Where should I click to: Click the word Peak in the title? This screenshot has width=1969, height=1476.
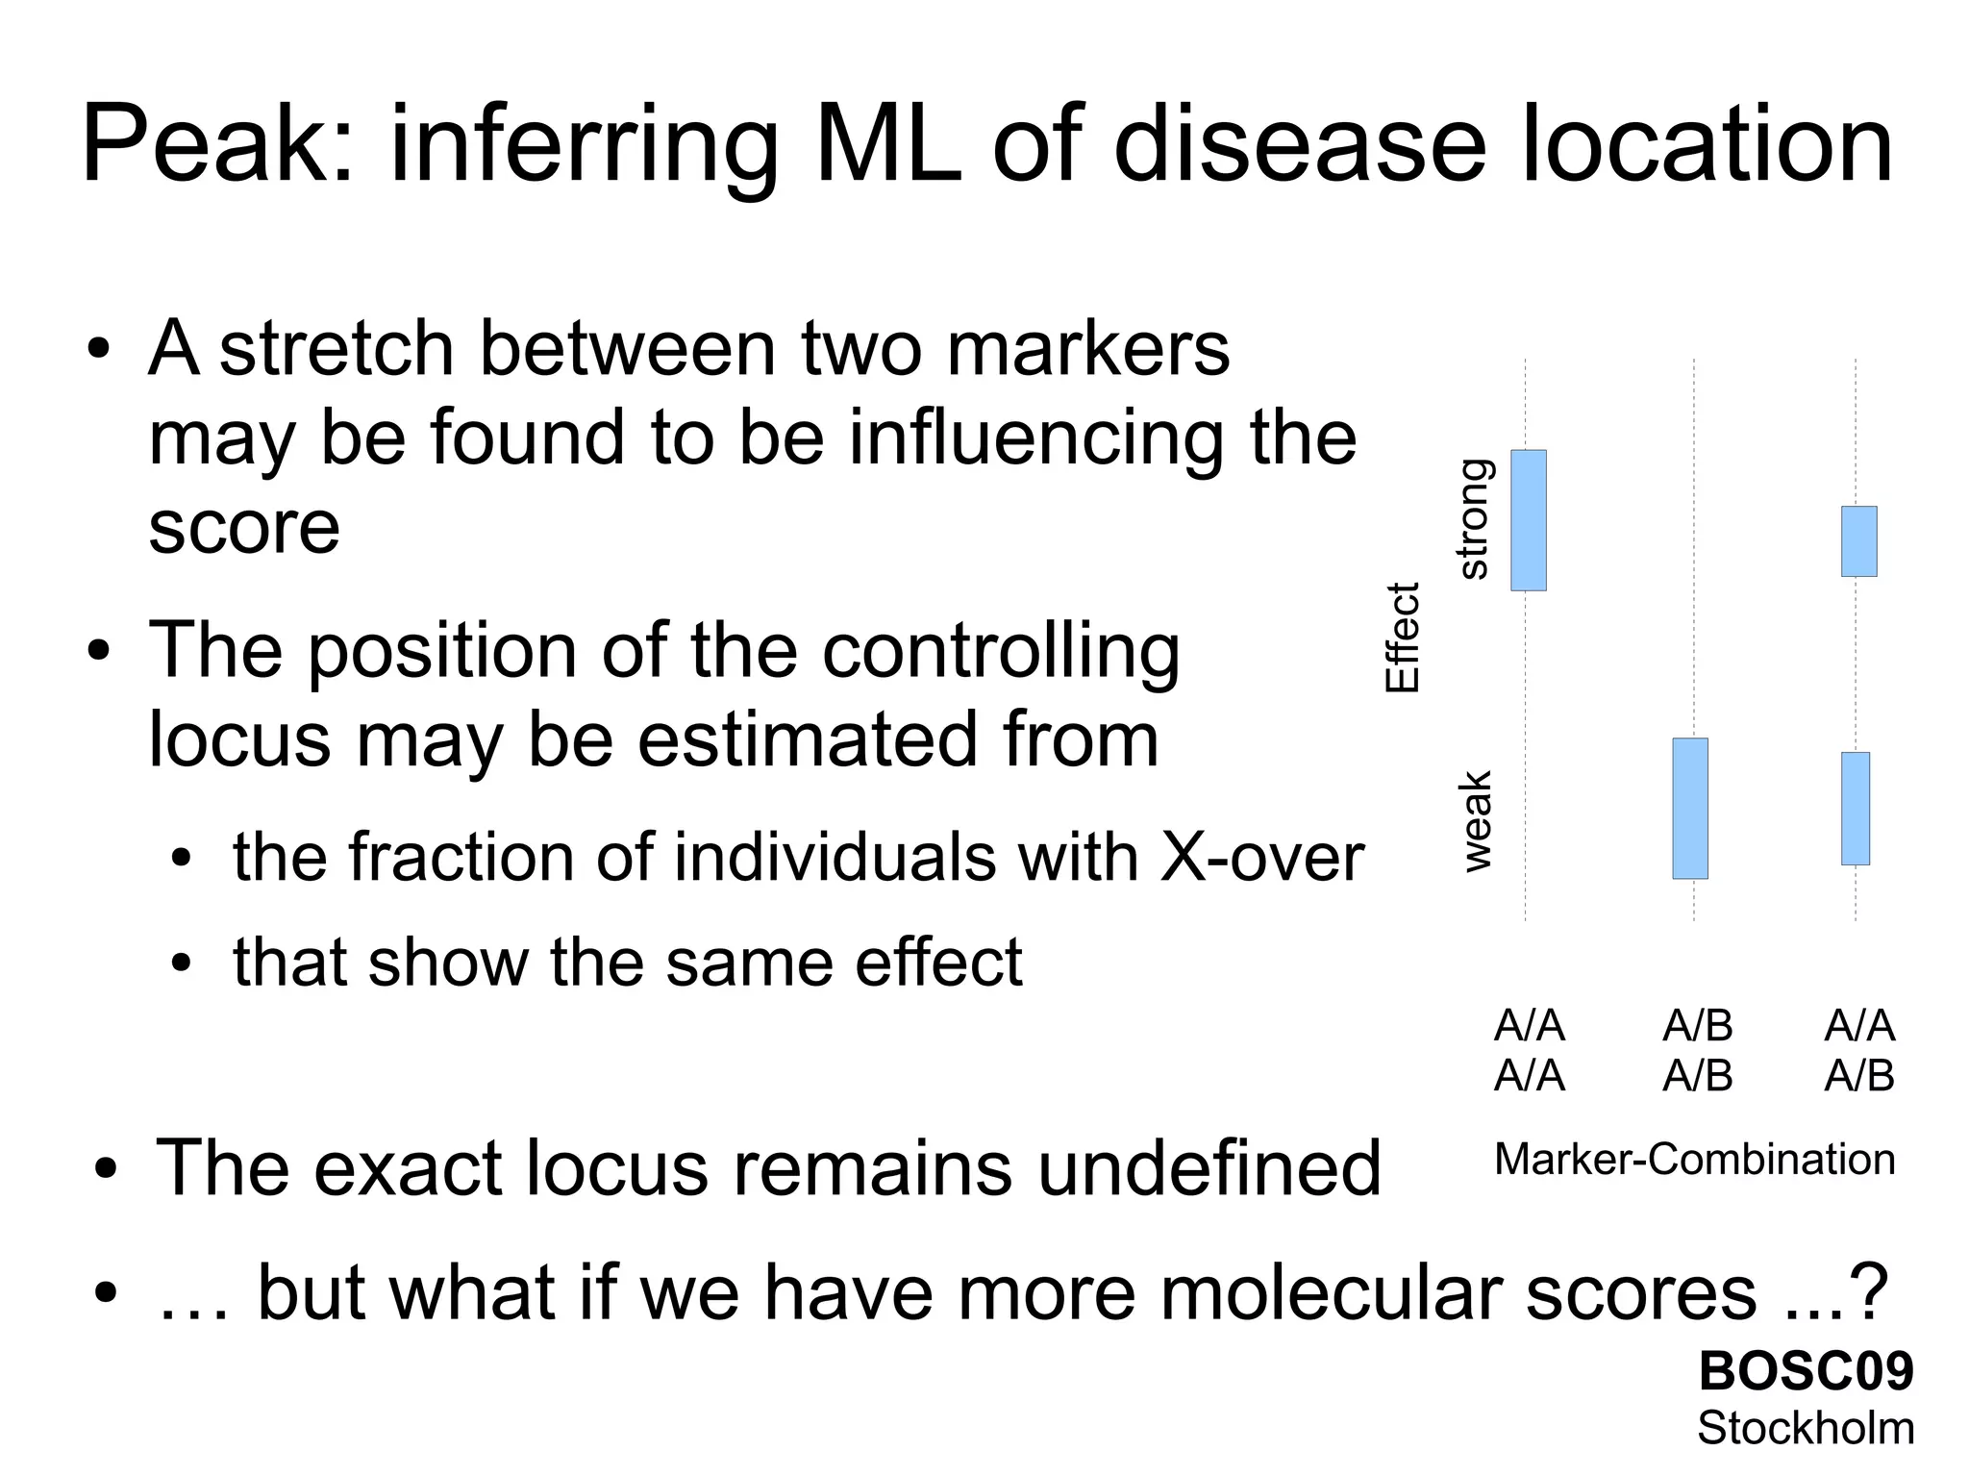click(216, 146)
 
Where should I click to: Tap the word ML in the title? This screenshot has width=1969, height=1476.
click(887, 146)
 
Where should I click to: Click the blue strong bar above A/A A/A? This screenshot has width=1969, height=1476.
click(1528, 519)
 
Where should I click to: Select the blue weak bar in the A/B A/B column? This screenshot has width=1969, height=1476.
click(1690, 808)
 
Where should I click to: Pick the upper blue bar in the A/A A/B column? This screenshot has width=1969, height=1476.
click(1858, 540)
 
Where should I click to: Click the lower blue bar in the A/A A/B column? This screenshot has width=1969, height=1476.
click(1856, 808)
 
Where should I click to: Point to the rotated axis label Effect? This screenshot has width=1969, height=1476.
click(1402, 637)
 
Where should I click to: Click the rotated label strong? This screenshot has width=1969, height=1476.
click(1473, 519)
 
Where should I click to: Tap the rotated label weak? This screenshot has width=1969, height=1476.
click(1476, 820)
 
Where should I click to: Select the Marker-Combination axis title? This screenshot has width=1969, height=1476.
click(1694, 1159)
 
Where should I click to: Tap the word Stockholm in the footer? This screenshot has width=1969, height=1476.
click(1806, 1427)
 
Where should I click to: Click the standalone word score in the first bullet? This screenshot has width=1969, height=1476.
click(244, 527)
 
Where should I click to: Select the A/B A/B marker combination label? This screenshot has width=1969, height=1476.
click(1697, 1050)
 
